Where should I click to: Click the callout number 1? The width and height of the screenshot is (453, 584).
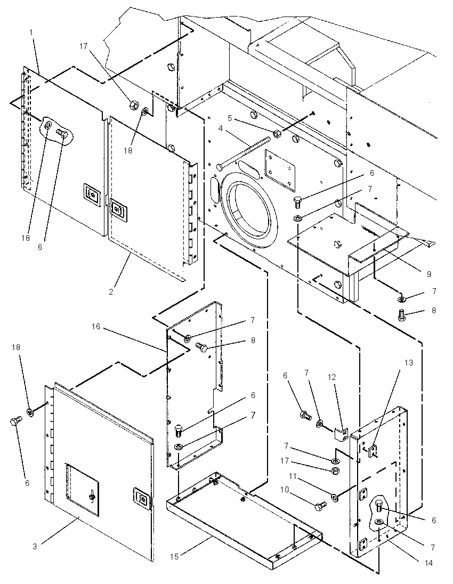pyautogui.click(x=31, y=33)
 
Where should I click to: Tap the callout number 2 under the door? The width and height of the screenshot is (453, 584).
pyautogui.click(x=111, y=292)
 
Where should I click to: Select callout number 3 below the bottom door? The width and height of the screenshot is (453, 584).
pyautogui.click(x=35, y=547)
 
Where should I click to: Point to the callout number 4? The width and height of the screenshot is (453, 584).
pyautogui.click(x=221, y=128)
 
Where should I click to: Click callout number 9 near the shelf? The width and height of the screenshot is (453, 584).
pyautogui.click(x=429, y=274)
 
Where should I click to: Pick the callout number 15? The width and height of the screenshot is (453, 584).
pyautogui.click(x=174, y=557)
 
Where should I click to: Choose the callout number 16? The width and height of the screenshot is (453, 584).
pyautogui.click(x=96, y=326)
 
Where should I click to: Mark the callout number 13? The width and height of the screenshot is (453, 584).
pyautogui.click(x=409, y=362)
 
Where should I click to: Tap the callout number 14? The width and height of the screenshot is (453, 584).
pyautogui.click(x=429, y=563)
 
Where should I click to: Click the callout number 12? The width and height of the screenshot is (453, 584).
pyautogui.click(x=332, y=377)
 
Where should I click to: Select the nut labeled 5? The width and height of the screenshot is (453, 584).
pyautogui.click(x=277, y=133)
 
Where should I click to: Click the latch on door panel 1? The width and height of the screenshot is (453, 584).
pyautogui.click(x=92, y=193)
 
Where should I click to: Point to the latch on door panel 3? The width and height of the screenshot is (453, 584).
pyautogui.click(x=142, y=498)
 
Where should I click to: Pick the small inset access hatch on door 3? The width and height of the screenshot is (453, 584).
pyautogui.click(x=83, y=490)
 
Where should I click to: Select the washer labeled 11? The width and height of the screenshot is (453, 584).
pyautogui.click(x=334, y=497)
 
